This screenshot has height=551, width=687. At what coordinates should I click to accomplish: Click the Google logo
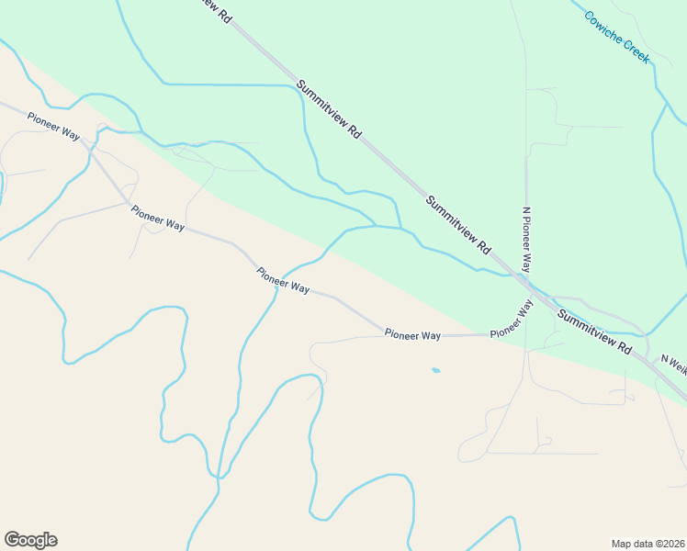(x=30, y=540)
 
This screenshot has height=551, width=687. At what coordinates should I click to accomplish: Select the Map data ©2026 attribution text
(x=648, y=543)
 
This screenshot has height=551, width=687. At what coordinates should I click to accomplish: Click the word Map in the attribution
(x=622, y=543)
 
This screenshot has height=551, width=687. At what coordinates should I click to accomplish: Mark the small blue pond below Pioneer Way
(x=435, y=371)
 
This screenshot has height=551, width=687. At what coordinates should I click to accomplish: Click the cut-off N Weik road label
(x=673, y=365)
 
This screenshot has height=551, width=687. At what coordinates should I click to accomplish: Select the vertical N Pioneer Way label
(x=527, y=239)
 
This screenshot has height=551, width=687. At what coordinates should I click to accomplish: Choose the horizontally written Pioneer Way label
(x=413, y=335)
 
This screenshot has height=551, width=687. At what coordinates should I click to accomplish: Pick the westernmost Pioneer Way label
(x=53, y=125)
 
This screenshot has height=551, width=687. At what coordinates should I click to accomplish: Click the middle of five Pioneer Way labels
(x=283, y=280)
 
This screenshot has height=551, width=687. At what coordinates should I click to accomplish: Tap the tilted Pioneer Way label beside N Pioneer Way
(x=512, y=320)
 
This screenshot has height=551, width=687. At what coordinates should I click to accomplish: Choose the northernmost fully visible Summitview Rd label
(x=329, y=108)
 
